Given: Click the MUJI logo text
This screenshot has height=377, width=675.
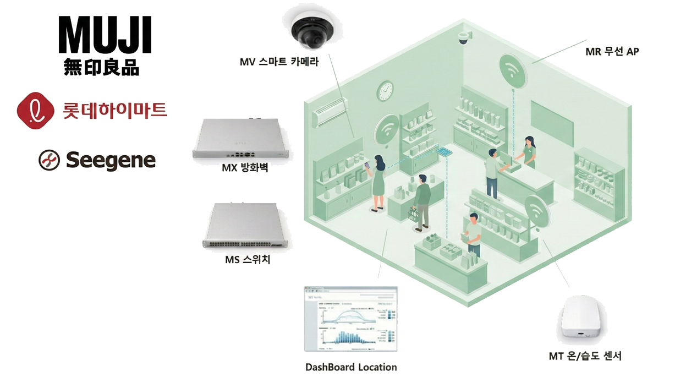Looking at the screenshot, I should [x=105, y=36].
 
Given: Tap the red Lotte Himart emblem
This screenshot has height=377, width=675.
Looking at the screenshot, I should [x=35, y=110].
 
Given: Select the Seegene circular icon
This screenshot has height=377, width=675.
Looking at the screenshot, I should [x=49, y=160].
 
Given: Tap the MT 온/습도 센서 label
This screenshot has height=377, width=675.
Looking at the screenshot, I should [x=585, y=356].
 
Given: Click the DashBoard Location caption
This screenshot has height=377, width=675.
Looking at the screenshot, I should [x=351, y=367].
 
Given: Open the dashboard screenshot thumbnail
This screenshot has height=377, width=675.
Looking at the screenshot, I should [x=350, y=319].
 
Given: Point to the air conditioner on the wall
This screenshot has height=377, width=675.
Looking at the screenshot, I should [x=331, y=116].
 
